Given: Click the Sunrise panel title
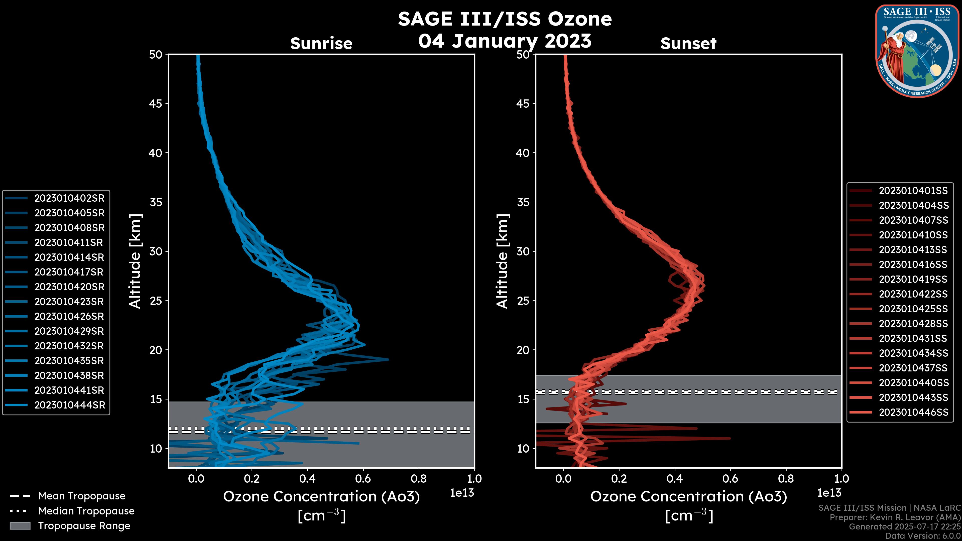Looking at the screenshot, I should (321, 44).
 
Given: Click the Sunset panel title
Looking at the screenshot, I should (688, 44).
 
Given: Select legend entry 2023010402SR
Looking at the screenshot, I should (69, 198).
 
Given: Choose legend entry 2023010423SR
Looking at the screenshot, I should (69, 302).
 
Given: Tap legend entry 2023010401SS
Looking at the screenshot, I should (913, 191).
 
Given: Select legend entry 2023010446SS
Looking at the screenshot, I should (913, 412).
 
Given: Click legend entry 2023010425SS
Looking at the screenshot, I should (913, 309).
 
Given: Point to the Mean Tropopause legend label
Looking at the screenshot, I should (82, 496).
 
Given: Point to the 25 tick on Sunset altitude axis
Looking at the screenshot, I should (523, 301).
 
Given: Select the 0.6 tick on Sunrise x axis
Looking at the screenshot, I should (363, 479).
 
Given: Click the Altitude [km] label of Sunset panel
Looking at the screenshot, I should (502, 261).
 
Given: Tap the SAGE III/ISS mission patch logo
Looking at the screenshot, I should (917, 51).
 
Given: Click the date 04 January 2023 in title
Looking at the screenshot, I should (505, 41).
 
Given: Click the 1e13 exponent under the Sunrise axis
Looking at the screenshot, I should (462, 493).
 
